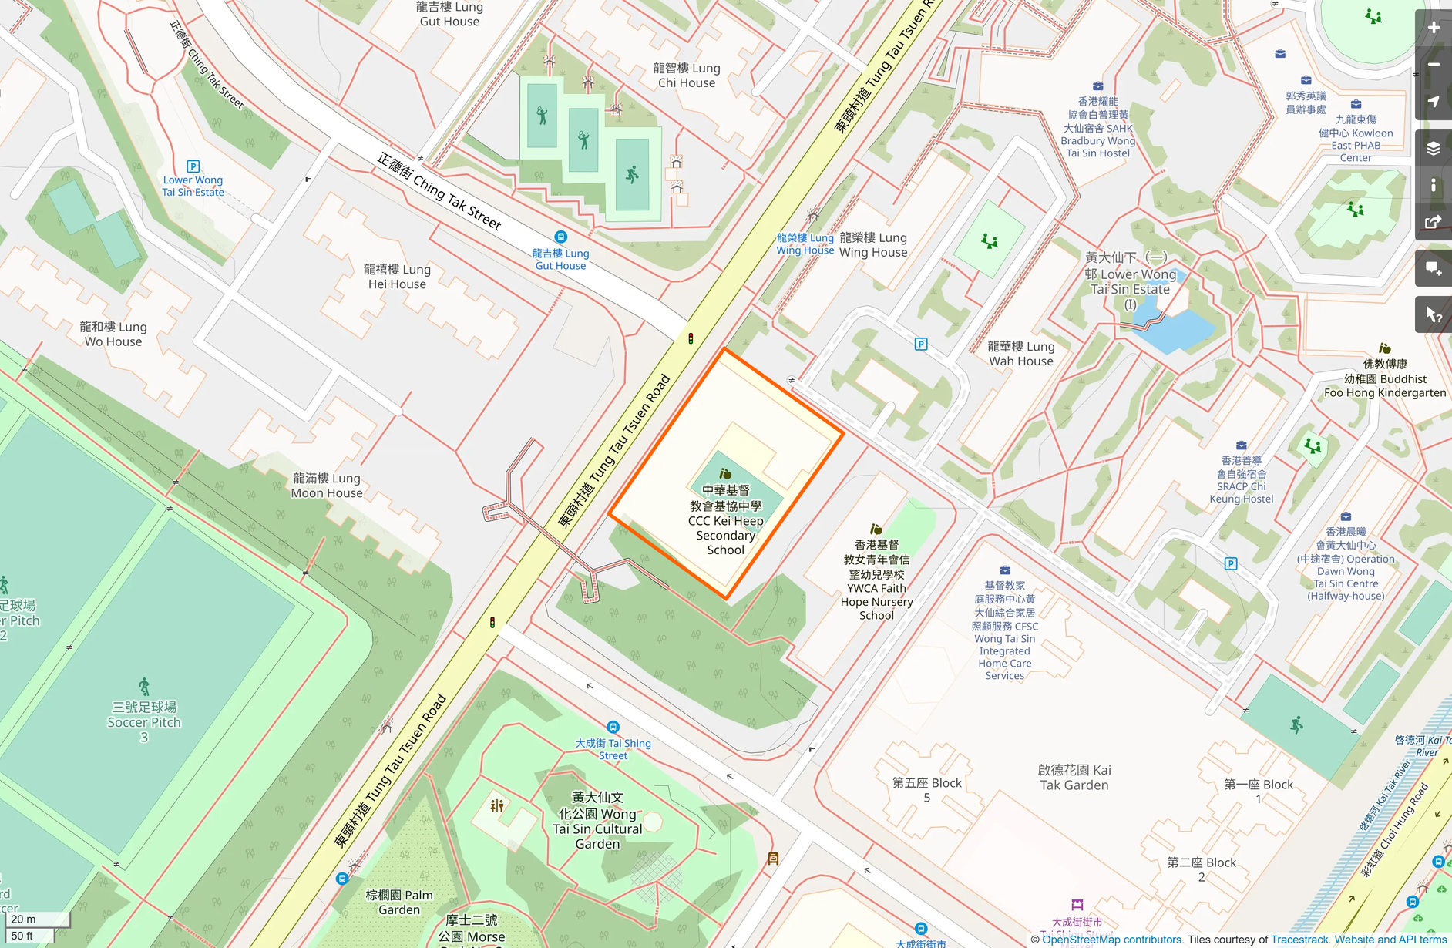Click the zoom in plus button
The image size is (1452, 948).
pyautogui.click(x=1434, y=28)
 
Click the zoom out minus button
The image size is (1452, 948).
pyautogui.click(x=1434, y=65)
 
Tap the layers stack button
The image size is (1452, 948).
pyautogui.click(x=1434, y=148)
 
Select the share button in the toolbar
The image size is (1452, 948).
pyautogui.click(x=1434, y=222)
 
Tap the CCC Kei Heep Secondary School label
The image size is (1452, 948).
pyautogui.click(x=725, y=520)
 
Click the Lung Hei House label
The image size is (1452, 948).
pyautogui.click(x=397, y=277)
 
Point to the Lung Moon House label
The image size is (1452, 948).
pyautogui.click(x=326, y=486)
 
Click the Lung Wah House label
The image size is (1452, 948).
pyautogui.click(x=1020, y=354)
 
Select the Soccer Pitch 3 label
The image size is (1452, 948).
pyautogui.click(x=144, y=721)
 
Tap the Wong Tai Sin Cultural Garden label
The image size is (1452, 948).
pyautogui.click(x=597, y=821)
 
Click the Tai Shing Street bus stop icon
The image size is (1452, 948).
pyautogui.click(x=613, y=727)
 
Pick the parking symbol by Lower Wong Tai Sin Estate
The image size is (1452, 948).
pyautogui.click(x=193, y=166)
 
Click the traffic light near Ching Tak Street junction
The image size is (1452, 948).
pyautogui.click(x=691, y=338)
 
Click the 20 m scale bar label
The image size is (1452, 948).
pyautogui.click(x=24, y=919)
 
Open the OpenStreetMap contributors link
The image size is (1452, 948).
pyautogui.click(x=1111, y=940)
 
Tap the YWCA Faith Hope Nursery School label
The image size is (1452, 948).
pyautogui.click(x=876, y=580)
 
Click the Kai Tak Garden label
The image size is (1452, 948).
pyautogui.click(x=1074, y=777)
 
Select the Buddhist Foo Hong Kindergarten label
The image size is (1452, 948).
pyautogui.click(x=1385, y=378)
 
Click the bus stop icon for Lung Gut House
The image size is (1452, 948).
pyautogui.click(x=561, y=237)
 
